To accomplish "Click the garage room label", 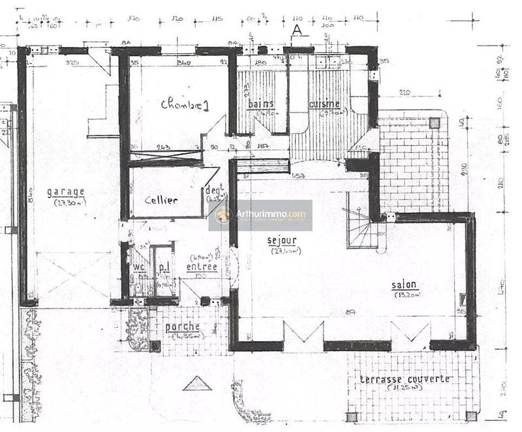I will (66, 192).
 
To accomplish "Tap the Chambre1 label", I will (185, 104).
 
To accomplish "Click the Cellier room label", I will (161, 200).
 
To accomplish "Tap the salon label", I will (405, 285).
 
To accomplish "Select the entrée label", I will (202, 266).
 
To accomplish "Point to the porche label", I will (183, 326).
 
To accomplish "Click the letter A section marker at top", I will (297, 29).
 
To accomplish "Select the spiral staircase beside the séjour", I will (360, 228).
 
